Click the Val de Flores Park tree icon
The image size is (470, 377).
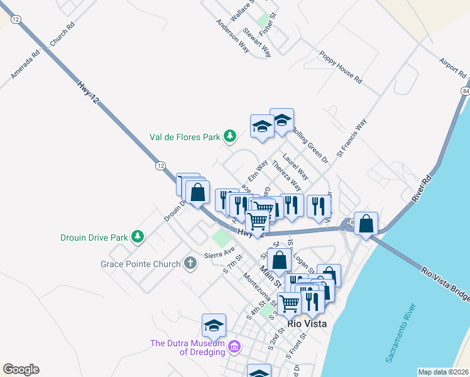pyautogui.click(x=231, y=136)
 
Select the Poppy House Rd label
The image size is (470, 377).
pyautogui.click(x=341, y=72)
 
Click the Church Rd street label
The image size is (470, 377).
pyautogui.click(x=62, y=35)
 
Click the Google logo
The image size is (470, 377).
pyautogui.click(x=21, y=369)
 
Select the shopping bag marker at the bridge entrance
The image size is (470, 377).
pyautogui.click(x=366, y=223)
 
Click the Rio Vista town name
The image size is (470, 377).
pyautogui.click(x=309, y=324)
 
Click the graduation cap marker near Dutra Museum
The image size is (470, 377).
pyautogui.click(x=214, y=325)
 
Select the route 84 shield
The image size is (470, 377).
pyautogui.click(x=465, y=92)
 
